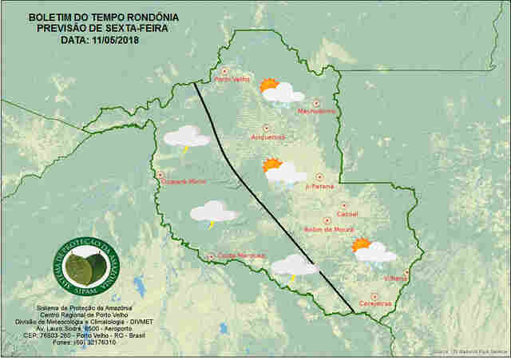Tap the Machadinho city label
pyautogui.click(x=316, y=111)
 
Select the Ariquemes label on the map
pyautogui.click(x=267, y=136)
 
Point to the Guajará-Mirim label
pyautogui.click(x=184, y=182)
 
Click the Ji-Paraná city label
pyautogui.click(x=319, y=186)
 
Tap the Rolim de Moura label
pyautogui.click(x=328, y=229)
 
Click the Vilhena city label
pyautogui.click(x=395, y=278)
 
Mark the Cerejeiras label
pyautogui.click(x=375, y=303)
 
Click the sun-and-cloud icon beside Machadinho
pyautogui.click(x=279, y=91)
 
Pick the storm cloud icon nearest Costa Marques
pyautogui.click(x=294, y=266)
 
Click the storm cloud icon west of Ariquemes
pyautogui.click(x=186, y=137)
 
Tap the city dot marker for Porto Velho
pyautogui.click(x=224, y=70)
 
